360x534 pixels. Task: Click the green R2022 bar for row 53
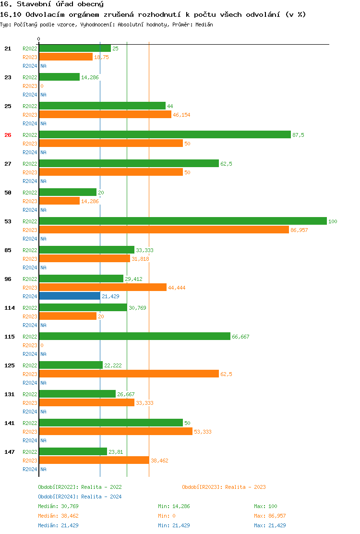(182, 221)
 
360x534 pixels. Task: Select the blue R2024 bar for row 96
(70, 296)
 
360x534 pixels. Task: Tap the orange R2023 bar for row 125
(129, 374)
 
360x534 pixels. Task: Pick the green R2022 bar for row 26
(165, 134)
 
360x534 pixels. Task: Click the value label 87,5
(298, 135)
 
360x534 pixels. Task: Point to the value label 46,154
(181, 115)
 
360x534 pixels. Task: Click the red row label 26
(8, 135)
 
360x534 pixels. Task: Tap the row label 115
(10, 337)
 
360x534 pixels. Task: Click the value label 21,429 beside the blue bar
(110, 296)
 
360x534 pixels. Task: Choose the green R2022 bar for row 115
(134, 336)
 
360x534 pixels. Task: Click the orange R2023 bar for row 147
(94, 460)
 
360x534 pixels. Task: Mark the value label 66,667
(240, 337)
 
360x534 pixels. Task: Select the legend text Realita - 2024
(101, 497)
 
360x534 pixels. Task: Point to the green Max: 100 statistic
(265, 506)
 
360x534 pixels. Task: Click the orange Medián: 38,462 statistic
(58, 516)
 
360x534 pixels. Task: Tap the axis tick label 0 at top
(39, 39)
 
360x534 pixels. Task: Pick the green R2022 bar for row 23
(59, 77)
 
